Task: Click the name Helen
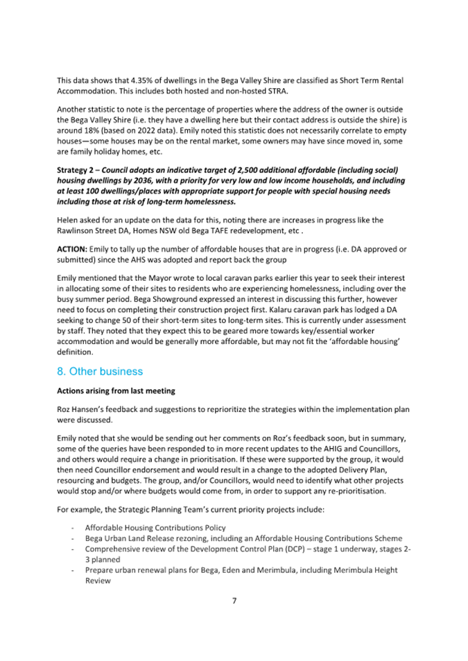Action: tap(67, 220)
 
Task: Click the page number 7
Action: tap(234, 601)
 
